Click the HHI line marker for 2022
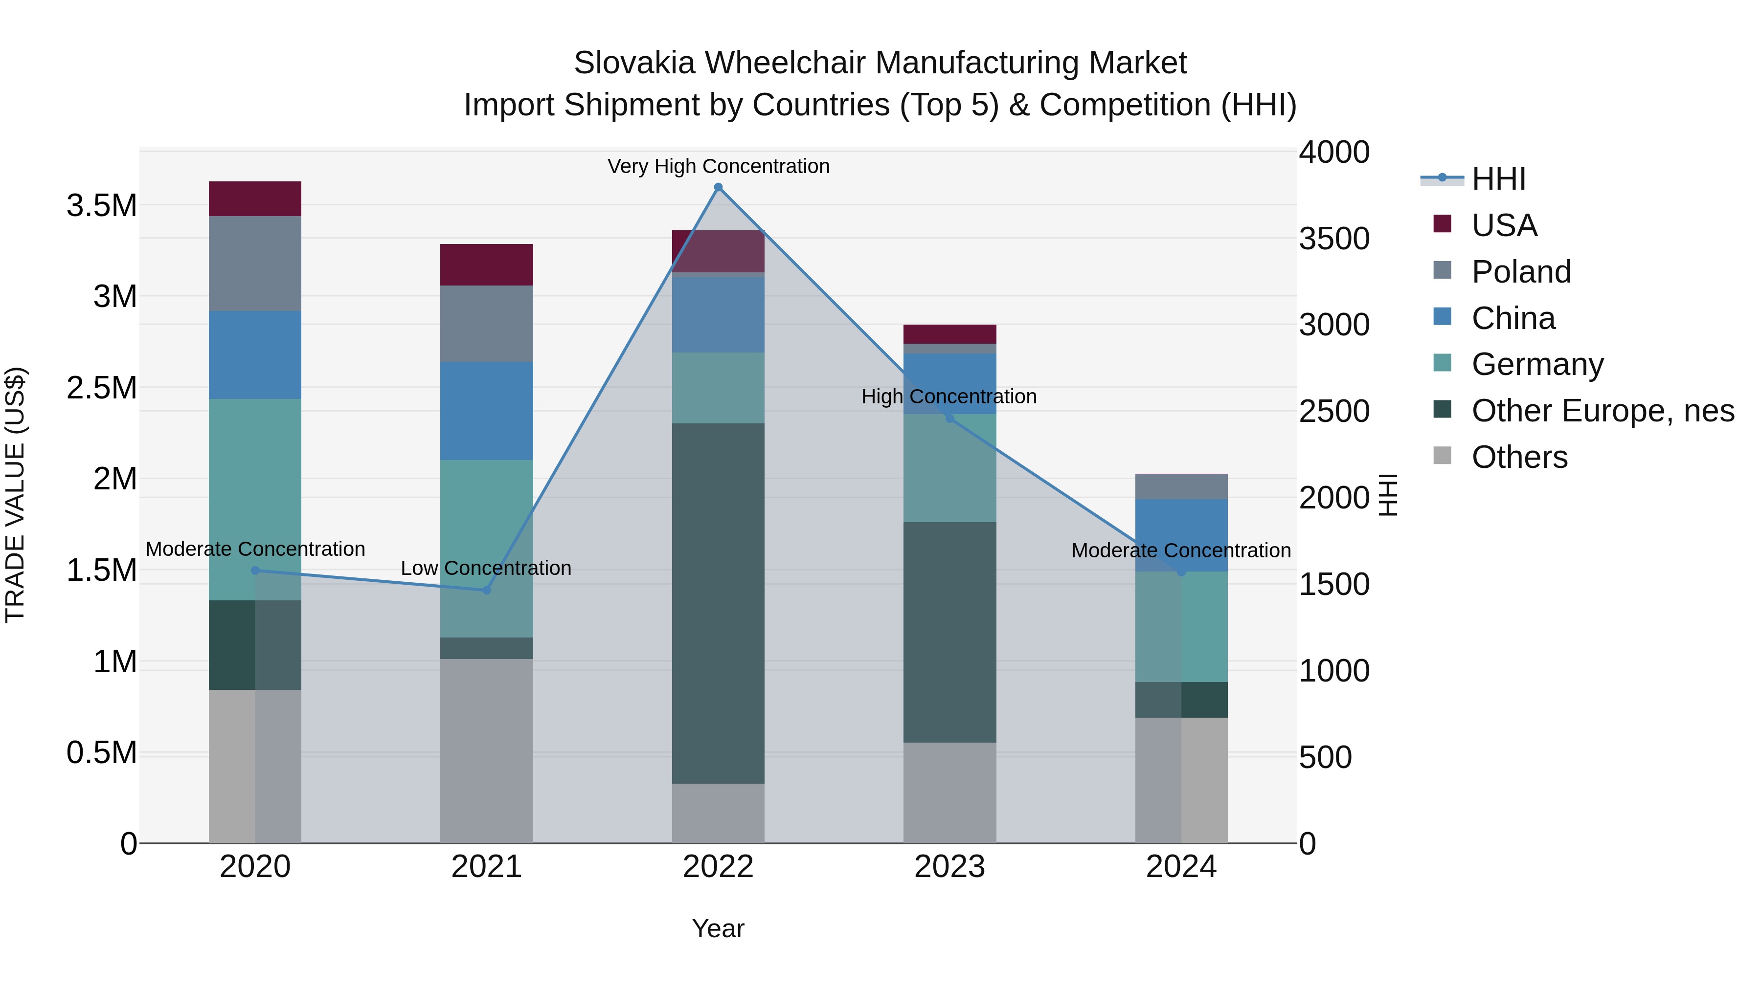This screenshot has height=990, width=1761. tap(718, 187)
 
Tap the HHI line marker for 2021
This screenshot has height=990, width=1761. tap(487, 590)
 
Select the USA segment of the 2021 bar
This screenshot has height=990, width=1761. tap(486, 264)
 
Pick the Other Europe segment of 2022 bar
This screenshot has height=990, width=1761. tap(718, 603)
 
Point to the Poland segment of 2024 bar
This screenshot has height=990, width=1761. tap(1181, 486)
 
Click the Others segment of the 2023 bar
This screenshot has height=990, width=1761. tap(949, 792)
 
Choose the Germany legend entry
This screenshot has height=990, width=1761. tap(1537, 364)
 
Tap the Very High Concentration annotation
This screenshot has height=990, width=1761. tap(718, 166)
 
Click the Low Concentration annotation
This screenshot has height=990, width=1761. tap(486, 568)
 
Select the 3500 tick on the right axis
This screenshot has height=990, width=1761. tap(1334, 239)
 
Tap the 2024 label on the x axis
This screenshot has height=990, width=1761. tap(1181, 867)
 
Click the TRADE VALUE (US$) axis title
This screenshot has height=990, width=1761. tap(15, 495)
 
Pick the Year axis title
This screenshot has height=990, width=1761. tap(718, 928)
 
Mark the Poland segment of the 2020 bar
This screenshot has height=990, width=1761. tap(255, 263)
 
